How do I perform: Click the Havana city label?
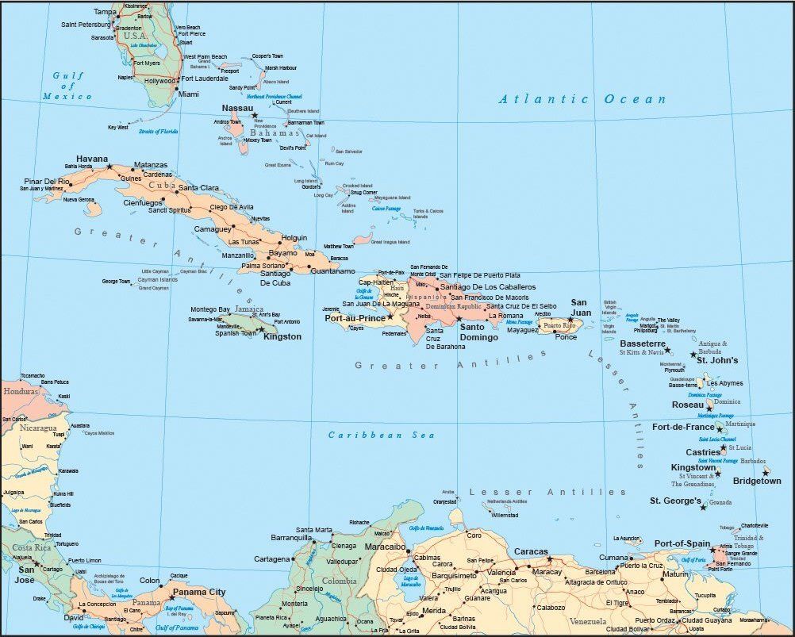[91, 159]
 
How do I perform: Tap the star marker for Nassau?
[255, 116]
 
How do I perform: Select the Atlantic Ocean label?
[582, 99]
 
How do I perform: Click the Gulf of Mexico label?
[67, 86]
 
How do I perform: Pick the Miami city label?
[189, 94]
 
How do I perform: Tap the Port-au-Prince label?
[355, 318]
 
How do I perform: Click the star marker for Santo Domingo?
[459, 319]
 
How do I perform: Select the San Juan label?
[581, 307]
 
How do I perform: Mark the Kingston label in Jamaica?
[282, 336]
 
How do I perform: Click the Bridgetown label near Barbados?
[757, 481]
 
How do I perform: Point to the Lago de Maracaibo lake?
[410, 582]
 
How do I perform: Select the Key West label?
[118, 127]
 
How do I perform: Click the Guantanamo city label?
[333, 271]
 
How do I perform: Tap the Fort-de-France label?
[683, 427]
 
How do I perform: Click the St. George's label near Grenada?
[675, 501]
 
